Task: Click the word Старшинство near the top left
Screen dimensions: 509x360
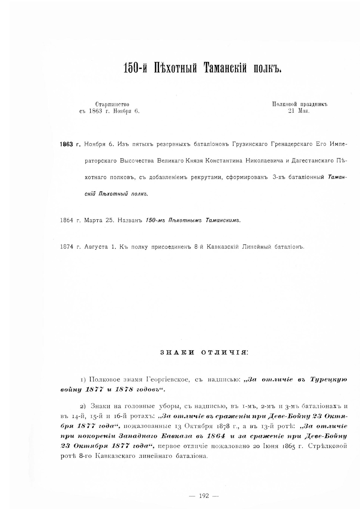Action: tap(112, 104)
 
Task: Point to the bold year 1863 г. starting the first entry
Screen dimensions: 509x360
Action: tap(70, 145)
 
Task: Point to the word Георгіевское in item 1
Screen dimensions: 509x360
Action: tap(168, 379)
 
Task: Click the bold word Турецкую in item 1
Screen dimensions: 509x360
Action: tap(327, 379)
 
